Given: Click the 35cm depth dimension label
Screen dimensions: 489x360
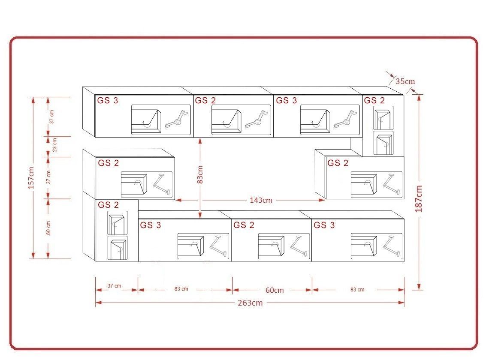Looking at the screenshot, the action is pos(405,81).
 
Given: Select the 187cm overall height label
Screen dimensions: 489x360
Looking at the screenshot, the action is pos(419,199).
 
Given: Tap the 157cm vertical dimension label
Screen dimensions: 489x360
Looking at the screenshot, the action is pos(31,178).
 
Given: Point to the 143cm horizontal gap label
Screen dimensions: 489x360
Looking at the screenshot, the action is pos(261,200).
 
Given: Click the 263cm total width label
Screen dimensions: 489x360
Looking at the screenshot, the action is pos(250,303).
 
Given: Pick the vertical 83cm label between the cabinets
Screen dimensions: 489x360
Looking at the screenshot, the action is pos(200,174).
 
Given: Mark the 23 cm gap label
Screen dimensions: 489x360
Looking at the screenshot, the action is pos(54,145).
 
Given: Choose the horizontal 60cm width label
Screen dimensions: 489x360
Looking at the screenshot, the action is pos(275,290).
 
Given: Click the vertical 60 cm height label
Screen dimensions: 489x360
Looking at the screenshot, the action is pos(48,228).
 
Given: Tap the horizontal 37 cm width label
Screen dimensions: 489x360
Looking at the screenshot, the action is pos(114,285).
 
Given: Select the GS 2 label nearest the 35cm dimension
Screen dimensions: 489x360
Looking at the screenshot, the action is pos(374,100).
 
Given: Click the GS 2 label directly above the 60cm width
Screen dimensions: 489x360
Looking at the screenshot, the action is pos(244,225).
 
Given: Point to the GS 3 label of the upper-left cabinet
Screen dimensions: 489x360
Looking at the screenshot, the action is pos(108,100).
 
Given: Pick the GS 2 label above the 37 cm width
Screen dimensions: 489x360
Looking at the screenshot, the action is pos(108,205).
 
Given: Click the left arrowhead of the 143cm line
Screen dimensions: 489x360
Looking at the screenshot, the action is pos(178,200).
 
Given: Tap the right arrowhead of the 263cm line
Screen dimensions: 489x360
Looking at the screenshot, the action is pos(401,302).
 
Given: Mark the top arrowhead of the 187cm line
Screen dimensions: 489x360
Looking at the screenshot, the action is pos(419,97).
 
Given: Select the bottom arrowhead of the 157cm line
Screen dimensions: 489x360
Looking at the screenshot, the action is pos(33,255).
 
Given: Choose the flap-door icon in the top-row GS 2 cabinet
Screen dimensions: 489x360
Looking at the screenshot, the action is pos(226,122).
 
